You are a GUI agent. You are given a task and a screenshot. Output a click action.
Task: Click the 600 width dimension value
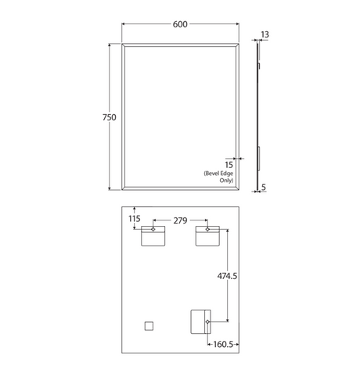180,24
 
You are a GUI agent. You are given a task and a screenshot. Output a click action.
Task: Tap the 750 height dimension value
110,117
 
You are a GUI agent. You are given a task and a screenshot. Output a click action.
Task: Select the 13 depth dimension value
265,34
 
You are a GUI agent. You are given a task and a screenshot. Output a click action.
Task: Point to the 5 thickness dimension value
264,187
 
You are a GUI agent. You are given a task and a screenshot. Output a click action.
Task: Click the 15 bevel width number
229,165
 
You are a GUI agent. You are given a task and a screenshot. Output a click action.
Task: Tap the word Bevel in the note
211,174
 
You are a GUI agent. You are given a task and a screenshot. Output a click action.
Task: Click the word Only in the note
226,181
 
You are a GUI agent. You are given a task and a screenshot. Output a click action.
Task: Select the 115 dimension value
135,219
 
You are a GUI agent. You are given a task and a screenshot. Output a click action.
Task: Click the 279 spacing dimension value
180,220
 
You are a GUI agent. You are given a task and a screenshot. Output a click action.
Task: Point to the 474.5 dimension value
227,276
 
